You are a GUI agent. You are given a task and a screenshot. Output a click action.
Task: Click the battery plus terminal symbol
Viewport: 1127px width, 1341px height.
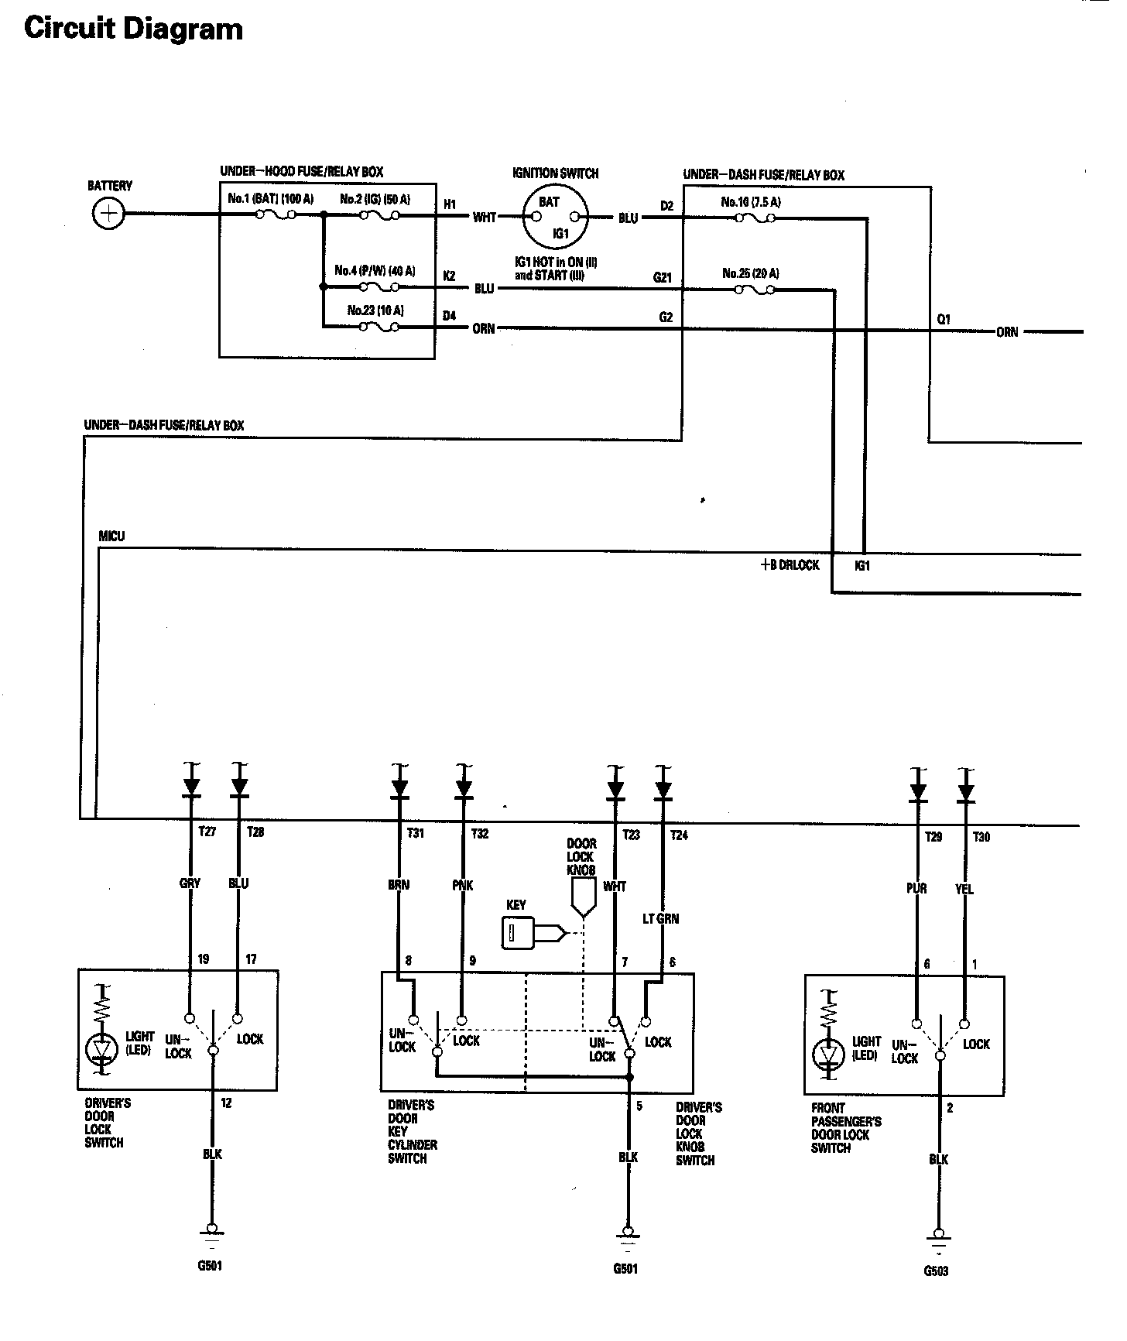(108, 214)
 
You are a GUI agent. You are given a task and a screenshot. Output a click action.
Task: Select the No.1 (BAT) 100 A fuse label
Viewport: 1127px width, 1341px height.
(270, 199)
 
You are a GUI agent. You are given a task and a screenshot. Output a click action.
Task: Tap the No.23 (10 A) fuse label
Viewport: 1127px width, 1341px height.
(375, 310)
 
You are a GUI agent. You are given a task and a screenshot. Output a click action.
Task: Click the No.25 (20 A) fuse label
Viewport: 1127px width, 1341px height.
(750, 273)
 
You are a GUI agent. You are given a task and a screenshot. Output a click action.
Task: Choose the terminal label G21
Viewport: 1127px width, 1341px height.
(662, 276)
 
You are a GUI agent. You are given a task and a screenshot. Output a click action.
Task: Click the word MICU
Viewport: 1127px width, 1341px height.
(111, 536)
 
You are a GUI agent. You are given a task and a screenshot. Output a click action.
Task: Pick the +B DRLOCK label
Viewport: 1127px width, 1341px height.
(790, 565)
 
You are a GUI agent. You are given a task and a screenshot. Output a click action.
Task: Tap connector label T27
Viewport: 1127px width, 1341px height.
(207, 832)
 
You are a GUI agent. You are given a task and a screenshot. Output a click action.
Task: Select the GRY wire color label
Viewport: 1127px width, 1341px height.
(190, 883)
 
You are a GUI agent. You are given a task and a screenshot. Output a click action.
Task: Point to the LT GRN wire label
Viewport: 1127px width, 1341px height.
(660, 919)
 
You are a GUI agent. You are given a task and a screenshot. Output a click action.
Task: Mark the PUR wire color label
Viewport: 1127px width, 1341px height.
(916, 888)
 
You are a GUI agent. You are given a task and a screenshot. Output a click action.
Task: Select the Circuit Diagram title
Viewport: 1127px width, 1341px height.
(133, 29)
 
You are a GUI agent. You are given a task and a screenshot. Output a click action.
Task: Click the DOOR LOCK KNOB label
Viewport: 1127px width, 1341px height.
(581, 856)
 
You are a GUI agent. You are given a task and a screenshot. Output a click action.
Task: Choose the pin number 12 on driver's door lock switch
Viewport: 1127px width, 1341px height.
(226, 1103)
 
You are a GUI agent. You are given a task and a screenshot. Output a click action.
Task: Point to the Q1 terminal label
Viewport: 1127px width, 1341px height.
(943, 319)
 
